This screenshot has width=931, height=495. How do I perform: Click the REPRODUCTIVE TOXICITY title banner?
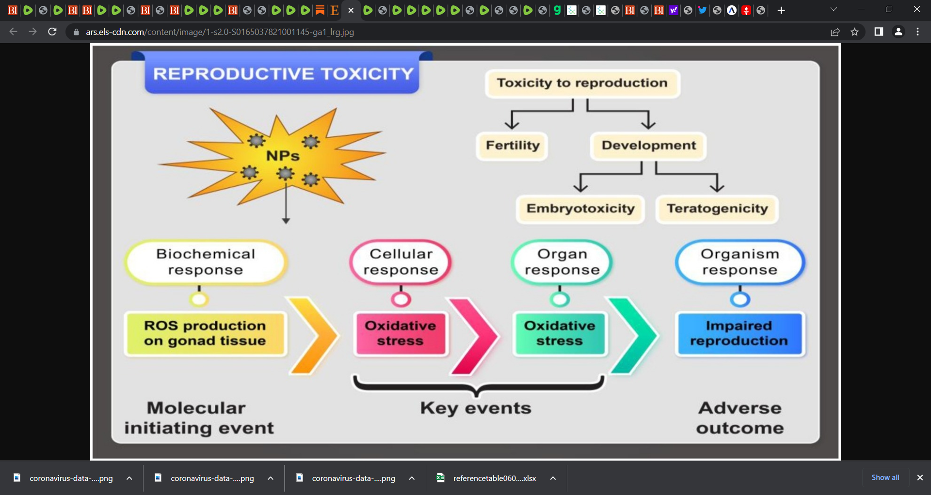click(282, 73)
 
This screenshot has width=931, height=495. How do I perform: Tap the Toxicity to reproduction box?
click(582, 83)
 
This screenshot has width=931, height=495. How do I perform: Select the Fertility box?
click(512, 146)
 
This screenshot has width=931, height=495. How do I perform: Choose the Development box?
click(648, 146)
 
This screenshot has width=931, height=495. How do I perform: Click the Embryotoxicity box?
click(580, 209)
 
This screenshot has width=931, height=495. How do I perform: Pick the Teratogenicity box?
click(717, 209)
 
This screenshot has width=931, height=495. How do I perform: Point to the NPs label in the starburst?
click(283, 156)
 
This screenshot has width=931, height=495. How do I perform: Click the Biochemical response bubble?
click(206, 262)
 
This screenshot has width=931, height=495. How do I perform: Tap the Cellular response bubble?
click(401, 262)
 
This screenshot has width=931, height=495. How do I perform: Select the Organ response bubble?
click(562, 262)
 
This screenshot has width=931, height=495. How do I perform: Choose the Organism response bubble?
click(740, 262)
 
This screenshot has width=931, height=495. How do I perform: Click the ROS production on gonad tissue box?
click(205, 333)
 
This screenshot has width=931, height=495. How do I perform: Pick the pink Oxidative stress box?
click(401, 333)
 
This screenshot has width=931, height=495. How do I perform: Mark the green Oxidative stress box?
click(560, 333)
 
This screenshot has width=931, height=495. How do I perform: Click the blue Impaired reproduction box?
click(739, 333)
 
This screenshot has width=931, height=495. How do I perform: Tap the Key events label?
click(476, 409)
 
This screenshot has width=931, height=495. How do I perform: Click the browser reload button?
click(52, 32)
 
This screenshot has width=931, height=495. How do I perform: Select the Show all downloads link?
click(885, 478)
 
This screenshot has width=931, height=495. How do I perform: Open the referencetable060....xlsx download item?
click(495, 478)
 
